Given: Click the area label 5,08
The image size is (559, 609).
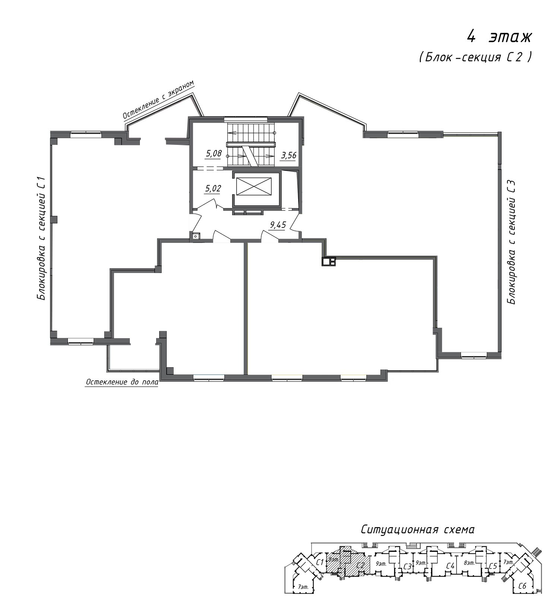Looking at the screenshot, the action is pos(214,154).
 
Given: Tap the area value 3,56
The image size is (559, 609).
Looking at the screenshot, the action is pos(289,155).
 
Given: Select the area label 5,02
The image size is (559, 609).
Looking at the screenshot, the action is pos(213,189).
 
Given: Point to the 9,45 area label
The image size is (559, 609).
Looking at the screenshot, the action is pos(278,225).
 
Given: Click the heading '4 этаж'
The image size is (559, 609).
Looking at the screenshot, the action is pos(500,37).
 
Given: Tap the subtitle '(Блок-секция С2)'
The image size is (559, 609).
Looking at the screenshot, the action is pos(475,57).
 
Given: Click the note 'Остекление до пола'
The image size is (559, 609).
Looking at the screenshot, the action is pos(122,382).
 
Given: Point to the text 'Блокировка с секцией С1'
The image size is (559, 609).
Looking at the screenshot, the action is pos(41,239).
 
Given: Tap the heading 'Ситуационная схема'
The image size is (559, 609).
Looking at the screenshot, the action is pos(417,530).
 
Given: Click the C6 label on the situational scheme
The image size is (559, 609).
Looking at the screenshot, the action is pos(522,586).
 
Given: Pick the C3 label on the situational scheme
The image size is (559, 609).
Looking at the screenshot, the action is pos(407,567).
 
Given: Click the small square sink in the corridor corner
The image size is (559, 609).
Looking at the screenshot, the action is pos(195,235).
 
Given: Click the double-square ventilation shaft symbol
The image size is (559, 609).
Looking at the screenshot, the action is pos(329,261).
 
